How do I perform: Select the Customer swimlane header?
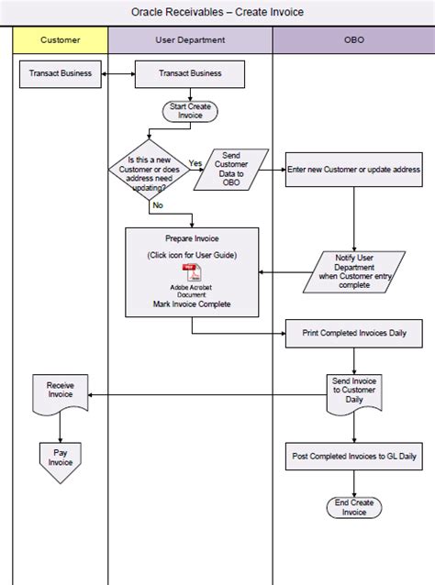61,40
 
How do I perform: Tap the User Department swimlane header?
190,40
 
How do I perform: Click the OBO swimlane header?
352,40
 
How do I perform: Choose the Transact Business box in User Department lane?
190,74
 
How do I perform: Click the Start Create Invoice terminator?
190,112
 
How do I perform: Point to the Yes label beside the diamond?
195,162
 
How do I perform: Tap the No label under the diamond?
158,204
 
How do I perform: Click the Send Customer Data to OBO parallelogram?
231,169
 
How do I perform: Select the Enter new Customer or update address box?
353,170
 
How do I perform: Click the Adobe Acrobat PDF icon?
191,271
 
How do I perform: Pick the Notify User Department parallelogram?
353,272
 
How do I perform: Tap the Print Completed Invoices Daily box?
353,332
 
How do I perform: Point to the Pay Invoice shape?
61,457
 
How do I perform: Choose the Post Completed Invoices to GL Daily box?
353,456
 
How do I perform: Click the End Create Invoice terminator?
353,507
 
